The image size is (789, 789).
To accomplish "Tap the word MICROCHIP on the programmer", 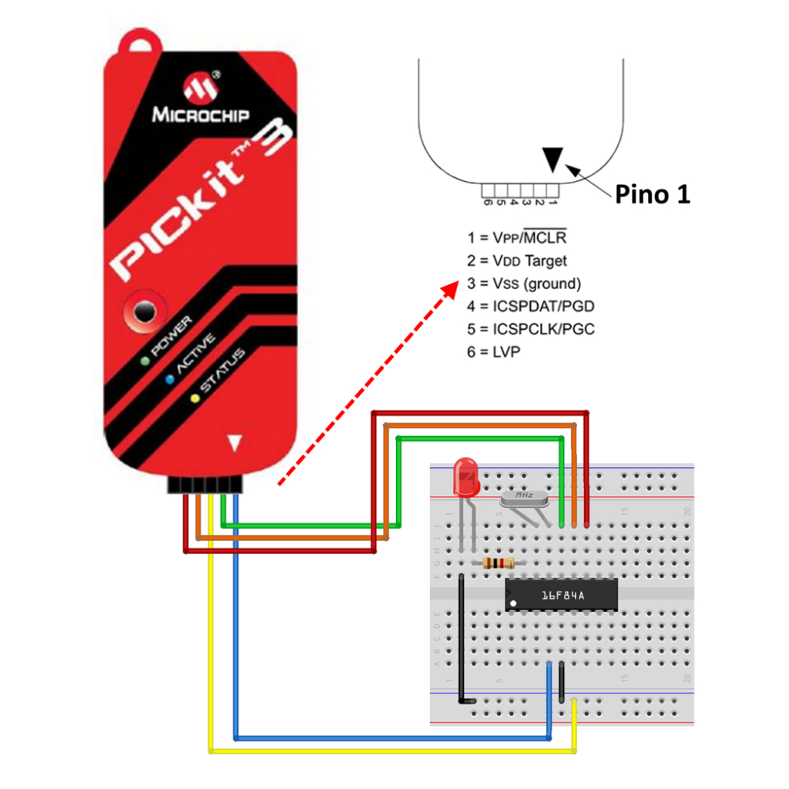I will [x=200, y=116].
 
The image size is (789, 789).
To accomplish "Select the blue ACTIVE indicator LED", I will [x=169, y=379].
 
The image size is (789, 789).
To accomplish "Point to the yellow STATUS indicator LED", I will [x=194, y=398].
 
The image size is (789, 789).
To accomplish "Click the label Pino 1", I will [x=652, y=195].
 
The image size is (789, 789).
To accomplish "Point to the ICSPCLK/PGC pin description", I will [x=543, y=328].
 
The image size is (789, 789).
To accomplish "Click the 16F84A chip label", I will [x=562, y=595].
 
